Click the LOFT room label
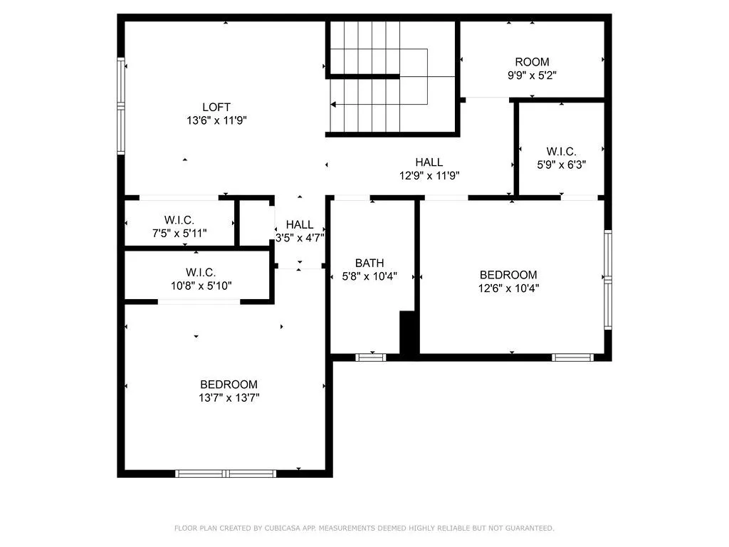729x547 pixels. coord(216,108)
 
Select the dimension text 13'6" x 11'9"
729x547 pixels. coord(216,120)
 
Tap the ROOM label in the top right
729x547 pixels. coord(532,62)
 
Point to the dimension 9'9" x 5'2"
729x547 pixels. coord(532,75)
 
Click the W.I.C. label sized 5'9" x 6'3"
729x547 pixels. coord(561,151)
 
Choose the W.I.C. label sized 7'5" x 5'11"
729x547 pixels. coord(179,220)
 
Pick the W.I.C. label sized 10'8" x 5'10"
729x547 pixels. coord(201,272)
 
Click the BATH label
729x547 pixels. coord(369,263)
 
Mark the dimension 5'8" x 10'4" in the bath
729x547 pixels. coord(369,276)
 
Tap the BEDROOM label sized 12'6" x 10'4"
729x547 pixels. coord(508,275)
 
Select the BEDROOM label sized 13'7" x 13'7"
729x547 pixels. coord(229,385)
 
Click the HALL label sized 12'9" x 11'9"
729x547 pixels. coord(429,162)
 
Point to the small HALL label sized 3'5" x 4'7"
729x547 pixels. coord(300,224)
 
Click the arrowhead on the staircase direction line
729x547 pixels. coord(332,105)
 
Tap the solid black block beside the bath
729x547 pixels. coord(408,332)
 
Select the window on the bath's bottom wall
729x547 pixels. coord(370,357)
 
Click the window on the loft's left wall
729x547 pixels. coord(121,107)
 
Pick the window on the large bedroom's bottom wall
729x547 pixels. coord(226,473)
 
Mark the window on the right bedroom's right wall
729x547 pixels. coord(607,279)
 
